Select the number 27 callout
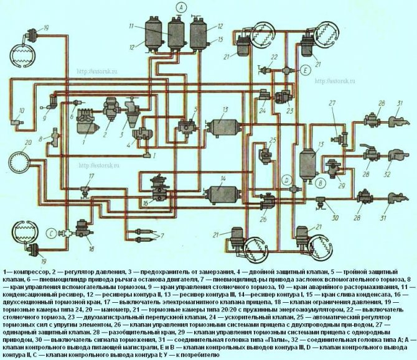[333, 103]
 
